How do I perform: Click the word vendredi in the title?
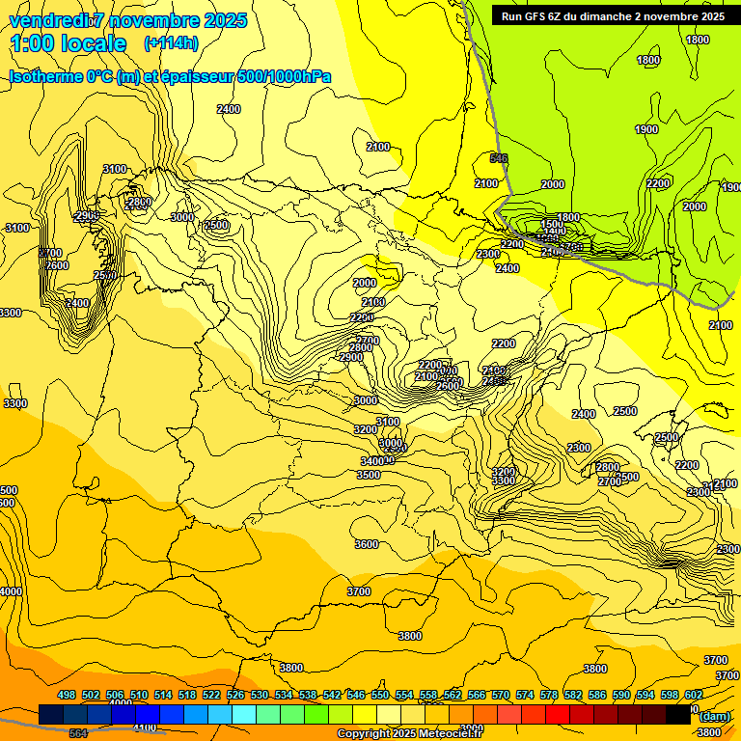click(x=48, y=21)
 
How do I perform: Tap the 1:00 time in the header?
click(x=36, y=43)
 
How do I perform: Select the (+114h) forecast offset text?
click(x=171, y=43)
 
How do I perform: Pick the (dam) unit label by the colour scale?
click(x=714, y=715)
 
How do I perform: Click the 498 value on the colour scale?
click(x=67, y=695)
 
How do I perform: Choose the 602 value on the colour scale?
click(x=694, y=695)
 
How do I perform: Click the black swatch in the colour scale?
click(x=678, y=714)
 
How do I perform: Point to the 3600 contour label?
click(x=367, y=544)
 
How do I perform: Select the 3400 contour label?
click(x=372, y=461)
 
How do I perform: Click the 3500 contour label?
click(x=369, y=475)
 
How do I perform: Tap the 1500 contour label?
click(x=552, y=224)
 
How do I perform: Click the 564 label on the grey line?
click(x=78, y=733)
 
